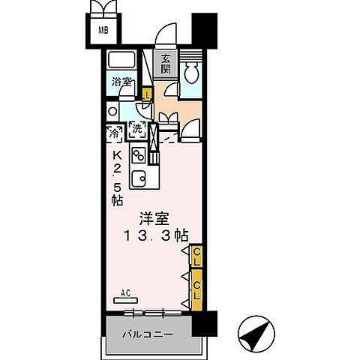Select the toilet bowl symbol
pos(190,70)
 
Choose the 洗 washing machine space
pos(137,129)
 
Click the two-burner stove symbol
pos(139,155)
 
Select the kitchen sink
pos(139,178)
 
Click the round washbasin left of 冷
pos(112,112)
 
